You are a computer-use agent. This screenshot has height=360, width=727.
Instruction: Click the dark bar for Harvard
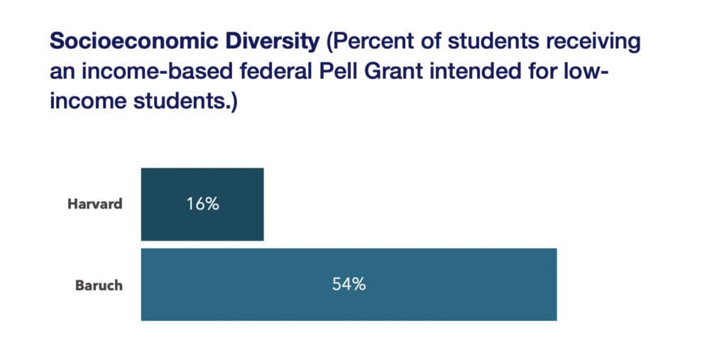202,204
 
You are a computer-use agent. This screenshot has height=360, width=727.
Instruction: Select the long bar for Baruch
349,285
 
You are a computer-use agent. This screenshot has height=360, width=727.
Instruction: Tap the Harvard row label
95,204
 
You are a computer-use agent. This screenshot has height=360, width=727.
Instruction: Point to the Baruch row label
99,285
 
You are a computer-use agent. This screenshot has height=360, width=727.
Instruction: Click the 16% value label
202,204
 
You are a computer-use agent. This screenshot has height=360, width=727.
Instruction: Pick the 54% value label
349,285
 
